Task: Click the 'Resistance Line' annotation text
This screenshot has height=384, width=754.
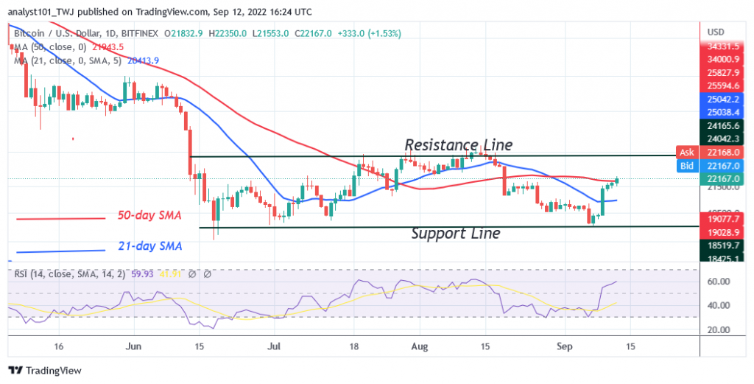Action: (x=458, y=144)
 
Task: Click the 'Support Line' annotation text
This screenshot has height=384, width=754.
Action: (x=456, y=234)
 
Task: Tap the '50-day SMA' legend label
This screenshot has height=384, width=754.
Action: (x=149, y=216)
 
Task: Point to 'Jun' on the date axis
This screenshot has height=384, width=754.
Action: (x=133, y=345)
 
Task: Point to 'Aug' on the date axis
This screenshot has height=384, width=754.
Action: (x=418, y=345)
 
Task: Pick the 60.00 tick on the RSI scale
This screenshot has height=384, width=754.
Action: (x=717, y=282)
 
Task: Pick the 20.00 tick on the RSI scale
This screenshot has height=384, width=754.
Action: (x=717, y=329)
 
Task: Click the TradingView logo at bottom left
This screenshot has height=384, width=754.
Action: (x=45, y=371)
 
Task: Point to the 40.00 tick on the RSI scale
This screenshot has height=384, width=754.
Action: (x=717, y=305)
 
